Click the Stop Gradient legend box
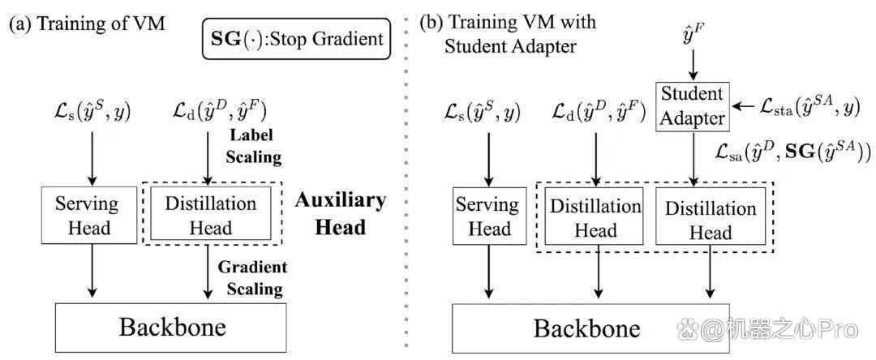[297, 38]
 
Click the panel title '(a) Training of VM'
[87, 24]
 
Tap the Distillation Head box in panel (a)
[211, 215]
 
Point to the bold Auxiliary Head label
[339, 214]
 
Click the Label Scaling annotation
[253, 146]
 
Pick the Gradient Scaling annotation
[250, 277]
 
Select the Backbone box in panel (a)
[171, 327]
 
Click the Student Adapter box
[692, 106]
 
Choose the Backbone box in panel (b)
[590, 328]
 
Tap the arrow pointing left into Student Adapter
[744, 106]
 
